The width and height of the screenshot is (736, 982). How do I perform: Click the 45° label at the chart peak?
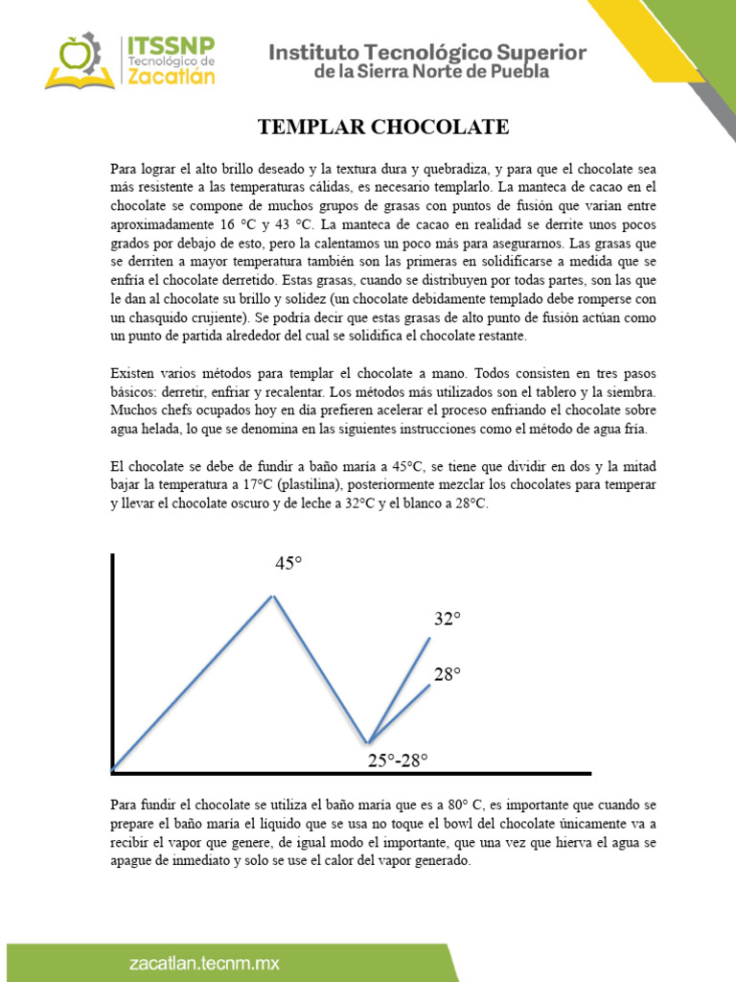tap(288, 564)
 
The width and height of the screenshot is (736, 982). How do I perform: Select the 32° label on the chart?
tap(447, 620)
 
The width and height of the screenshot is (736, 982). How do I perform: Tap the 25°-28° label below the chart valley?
tap(398, 761)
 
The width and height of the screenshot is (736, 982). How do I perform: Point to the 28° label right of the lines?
tap(447, 674)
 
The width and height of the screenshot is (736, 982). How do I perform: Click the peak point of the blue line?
tap(273, 596)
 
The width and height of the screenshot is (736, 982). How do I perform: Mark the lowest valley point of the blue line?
tap(368, 742)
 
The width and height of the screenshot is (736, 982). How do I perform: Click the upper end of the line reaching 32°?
tap(429, 639)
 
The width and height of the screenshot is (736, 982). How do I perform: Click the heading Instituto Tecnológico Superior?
tap(427, 52)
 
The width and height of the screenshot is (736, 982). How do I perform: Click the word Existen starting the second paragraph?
tap(135, 372)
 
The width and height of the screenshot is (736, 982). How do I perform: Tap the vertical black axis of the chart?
tap(113, 662)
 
